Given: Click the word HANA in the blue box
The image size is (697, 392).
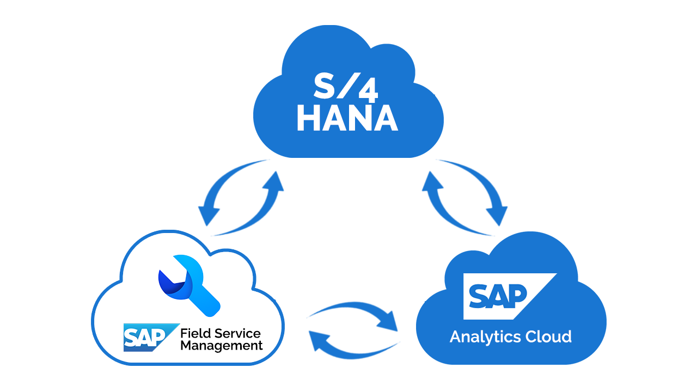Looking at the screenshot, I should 347,118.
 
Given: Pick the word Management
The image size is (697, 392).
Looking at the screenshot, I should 222,346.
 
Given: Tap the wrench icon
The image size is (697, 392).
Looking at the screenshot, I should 188,283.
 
